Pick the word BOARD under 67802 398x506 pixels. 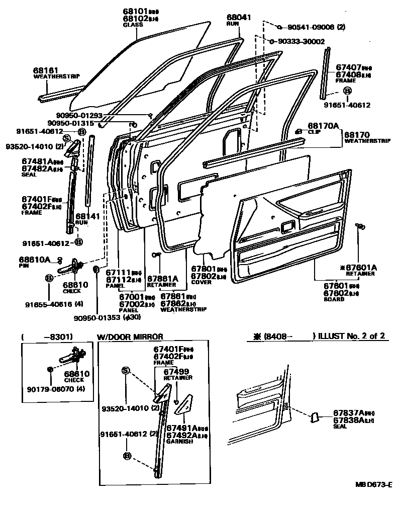pos(334,299)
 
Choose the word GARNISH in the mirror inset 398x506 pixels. pos(177,442)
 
